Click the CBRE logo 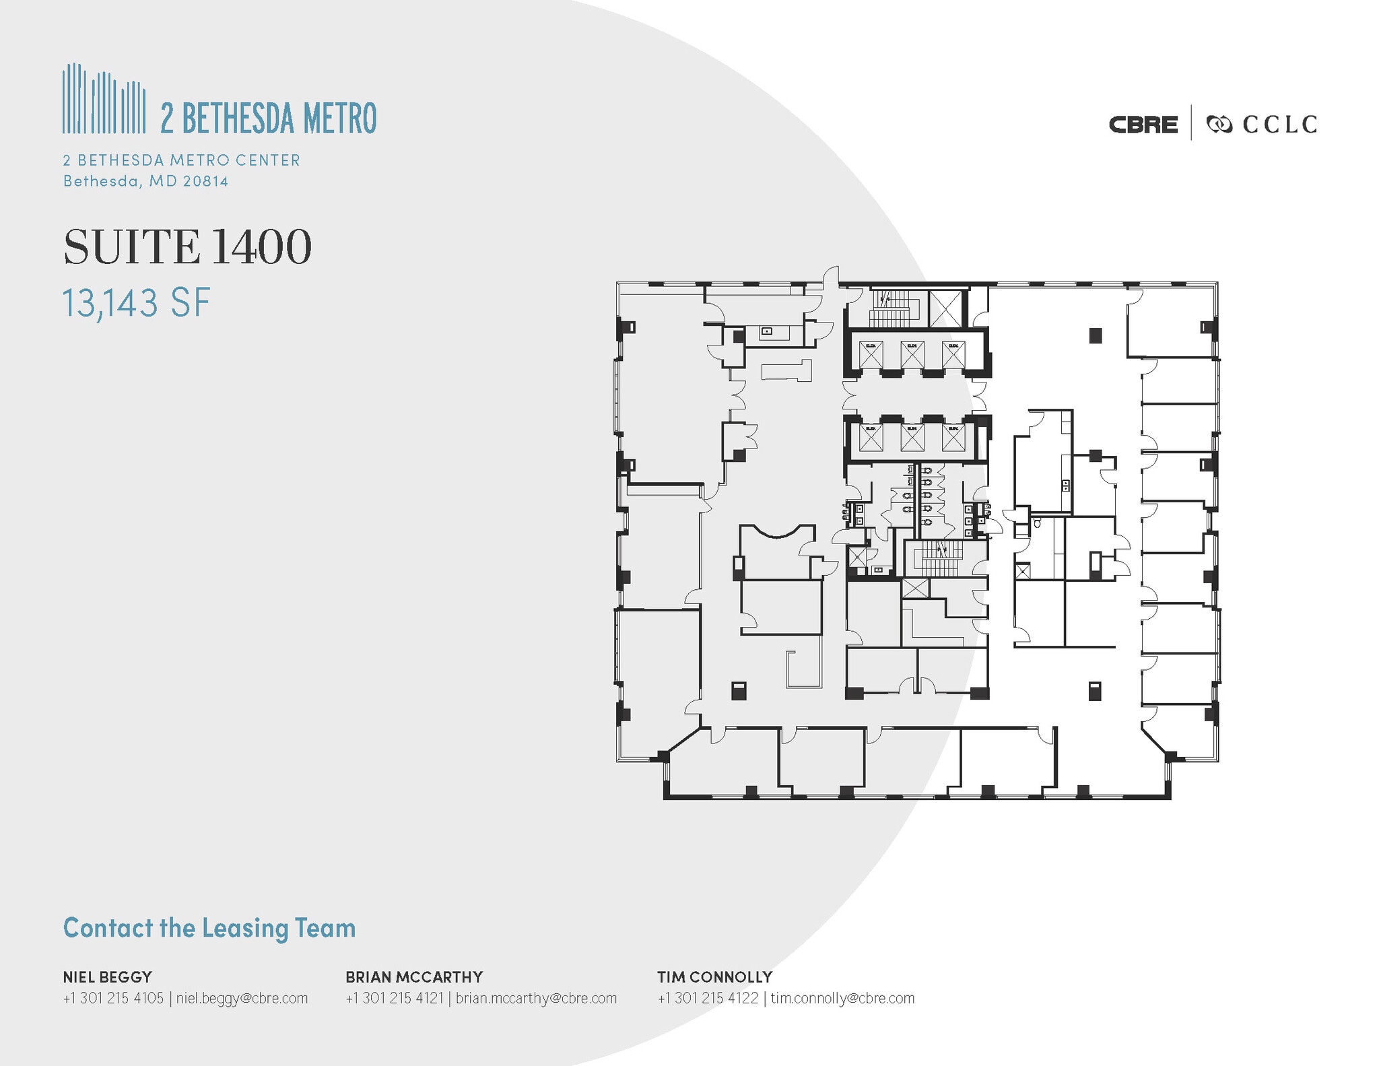coord(1143,125)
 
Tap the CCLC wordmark coord(1279,125)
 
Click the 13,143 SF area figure coord(137,302)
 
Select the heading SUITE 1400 coord(187,247)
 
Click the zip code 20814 coord(205,181)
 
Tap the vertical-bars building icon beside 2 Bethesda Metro coord(104,99)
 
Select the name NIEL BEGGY coord(108,976)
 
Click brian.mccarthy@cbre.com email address coord(536,998)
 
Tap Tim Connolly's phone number coord(708,998)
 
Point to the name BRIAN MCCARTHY coord(414,976)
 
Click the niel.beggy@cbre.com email coord(242,998)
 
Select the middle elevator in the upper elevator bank coord(912,355)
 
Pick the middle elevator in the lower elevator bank coord(912,438)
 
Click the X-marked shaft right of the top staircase coord(945,309)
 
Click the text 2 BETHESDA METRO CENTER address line coord(182,160)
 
